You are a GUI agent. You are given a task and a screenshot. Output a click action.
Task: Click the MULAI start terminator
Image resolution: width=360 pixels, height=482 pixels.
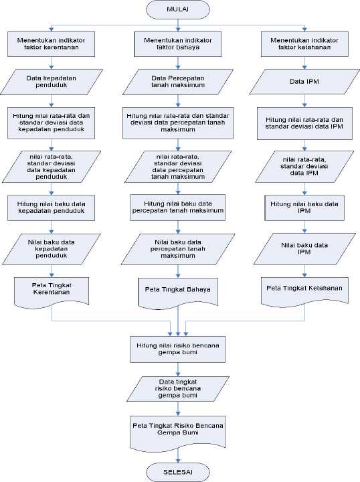(x=178, y=9)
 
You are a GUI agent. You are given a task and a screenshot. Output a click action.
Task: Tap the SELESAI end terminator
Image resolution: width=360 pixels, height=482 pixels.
(x=178, y=472)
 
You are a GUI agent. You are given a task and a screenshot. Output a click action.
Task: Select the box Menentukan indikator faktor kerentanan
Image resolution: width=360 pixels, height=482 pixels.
(x=52, y=44)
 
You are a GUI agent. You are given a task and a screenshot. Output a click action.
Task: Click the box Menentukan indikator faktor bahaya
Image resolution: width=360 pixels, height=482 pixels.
(x=178, y=44)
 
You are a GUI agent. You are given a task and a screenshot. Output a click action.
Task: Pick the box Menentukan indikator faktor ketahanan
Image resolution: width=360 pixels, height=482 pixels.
(x=304, y=44)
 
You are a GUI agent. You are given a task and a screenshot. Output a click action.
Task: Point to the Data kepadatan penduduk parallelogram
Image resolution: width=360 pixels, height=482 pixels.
(x=52, y=82)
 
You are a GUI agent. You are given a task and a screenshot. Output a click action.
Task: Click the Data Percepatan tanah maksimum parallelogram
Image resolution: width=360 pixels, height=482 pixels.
(x=178, y=82)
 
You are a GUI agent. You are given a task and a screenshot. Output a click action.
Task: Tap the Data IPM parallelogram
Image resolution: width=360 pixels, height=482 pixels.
(x=304, y=82)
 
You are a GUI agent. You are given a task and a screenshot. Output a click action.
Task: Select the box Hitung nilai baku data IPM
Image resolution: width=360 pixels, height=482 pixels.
(x=304, y=208)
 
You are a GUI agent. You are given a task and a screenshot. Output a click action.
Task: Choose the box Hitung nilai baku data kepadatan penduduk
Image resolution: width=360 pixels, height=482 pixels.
(x=52, y=208)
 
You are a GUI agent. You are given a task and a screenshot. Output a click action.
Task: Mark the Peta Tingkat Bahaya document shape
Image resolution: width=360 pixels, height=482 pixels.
(x=178, y=293)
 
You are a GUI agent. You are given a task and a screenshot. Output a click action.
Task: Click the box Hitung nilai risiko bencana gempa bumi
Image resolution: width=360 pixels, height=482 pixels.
(x=178, y=349)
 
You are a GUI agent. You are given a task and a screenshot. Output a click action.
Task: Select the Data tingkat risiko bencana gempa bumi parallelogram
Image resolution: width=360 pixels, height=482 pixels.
(x=178, y=389)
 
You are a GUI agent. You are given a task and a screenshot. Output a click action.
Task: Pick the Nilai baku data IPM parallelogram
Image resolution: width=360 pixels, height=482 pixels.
(x=304, y=249)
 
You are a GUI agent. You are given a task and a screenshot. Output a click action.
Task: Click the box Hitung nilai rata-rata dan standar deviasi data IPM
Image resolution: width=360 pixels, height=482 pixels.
(x=304, y=123)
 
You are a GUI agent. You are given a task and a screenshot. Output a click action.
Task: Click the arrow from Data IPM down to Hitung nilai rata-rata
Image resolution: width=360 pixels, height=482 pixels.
(x=304, y=101)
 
